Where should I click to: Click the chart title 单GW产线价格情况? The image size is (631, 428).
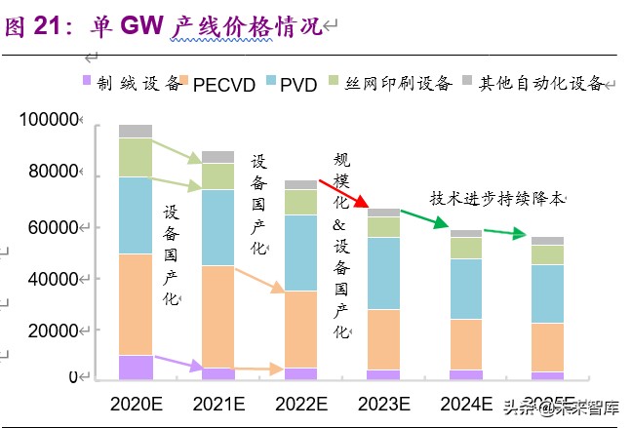[x=166, y=26]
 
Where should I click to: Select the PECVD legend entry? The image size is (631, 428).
[x=224, y=85]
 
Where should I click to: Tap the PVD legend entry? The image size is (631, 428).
[x=298, y=85]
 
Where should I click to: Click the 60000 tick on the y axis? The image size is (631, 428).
[x=52, y=228]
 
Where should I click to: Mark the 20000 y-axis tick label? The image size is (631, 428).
[x=52, y=331]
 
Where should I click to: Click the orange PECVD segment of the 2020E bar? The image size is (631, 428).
[x=136, y=304]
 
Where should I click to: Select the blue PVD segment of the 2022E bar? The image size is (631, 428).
[x=300, y=253]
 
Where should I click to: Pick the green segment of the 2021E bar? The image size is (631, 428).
[x=217, y=175]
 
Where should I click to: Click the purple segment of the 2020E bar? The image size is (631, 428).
[x=136, y=367]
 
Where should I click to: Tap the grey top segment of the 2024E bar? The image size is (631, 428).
[x=465, y=234]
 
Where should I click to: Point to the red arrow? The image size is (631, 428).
[x=341, y=195]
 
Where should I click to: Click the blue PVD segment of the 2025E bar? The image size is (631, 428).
[x=547, y=293]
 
